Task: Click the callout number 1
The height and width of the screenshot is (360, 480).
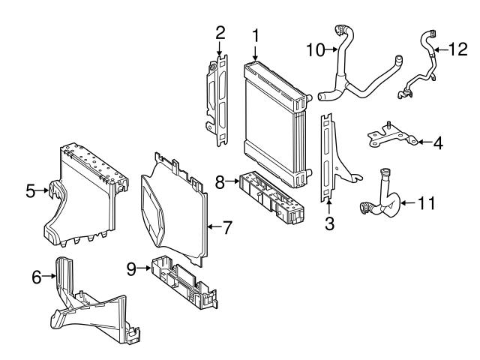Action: [256, 34]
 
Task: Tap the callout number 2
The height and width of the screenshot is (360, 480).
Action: [220, 32]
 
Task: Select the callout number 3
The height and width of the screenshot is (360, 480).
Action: [328, 222]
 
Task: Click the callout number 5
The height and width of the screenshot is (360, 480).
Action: [31, 191]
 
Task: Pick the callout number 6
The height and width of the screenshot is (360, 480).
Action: [36, 277]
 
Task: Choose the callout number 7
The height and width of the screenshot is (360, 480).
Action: [228, 226]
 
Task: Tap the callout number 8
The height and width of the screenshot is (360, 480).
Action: [220, 181]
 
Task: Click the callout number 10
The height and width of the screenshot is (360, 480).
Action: [316, 50]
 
